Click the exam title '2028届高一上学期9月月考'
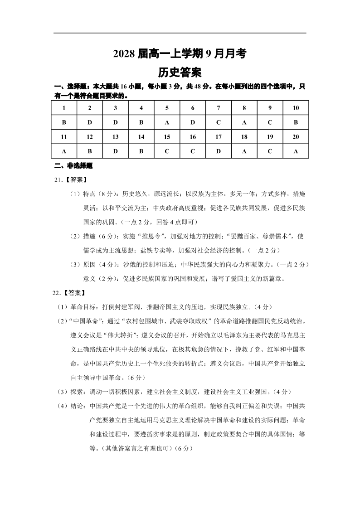[180, 54]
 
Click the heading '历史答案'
[180, 73]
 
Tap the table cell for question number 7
[219, 108]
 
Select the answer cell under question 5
[167, 122]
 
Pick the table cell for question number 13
[115, 137]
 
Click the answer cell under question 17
[219, 151]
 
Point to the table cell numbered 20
[296, 137]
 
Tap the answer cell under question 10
[296, 122]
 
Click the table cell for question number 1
[64, 108]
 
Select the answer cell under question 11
[64, 151]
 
